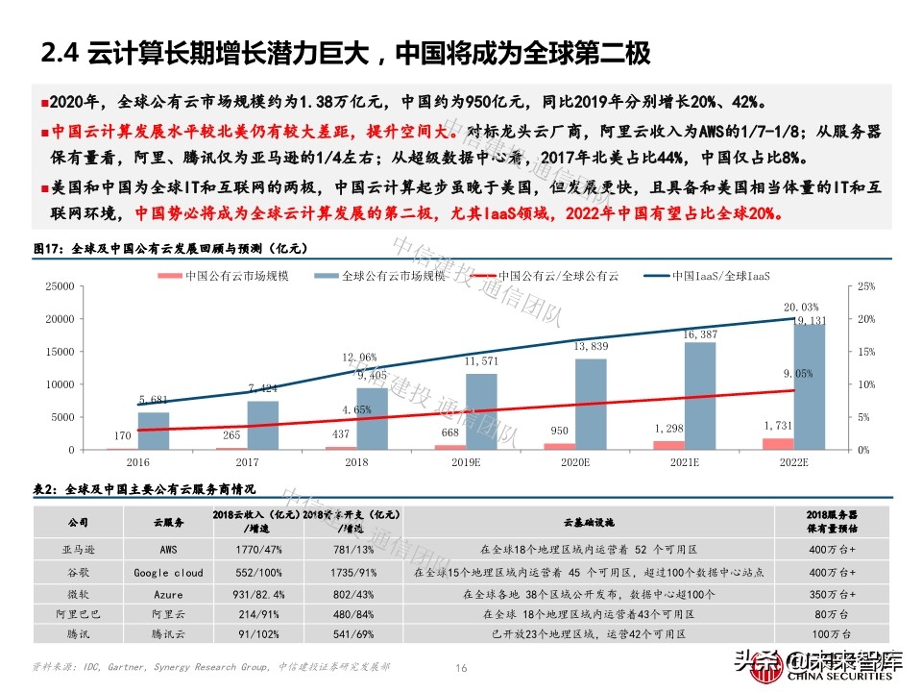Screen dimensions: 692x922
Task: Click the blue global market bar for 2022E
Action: click(809, 386)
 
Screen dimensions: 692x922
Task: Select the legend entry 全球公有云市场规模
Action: click(380, 276)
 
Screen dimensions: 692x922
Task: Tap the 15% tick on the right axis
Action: click(863, 352)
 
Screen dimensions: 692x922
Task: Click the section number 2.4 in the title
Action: click(59, 53)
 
